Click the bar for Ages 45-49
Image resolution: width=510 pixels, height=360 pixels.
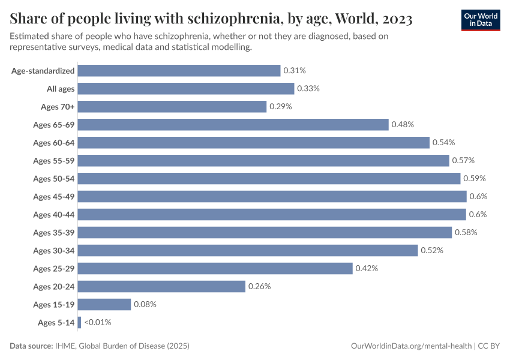point(272,196)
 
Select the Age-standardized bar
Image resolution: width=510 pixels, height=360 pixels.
point(179,70)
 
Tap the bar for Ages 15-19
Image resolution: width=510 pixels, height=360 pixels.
point(104,304)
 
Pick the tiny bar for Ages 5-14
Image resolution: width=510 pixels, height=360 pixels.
point(79,322)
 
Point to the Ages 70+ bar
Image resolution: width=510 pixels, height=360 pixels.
point(172,106)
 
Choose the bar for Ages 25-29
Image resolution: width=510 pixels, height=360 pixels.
point(215,268)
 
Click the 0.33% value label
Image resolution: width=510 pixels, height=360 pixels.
point(308,88)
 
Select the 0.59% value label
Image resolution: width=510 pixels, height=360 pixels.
point(475,178)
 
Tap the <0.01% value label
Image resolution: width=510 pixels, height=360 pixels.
point(98,322)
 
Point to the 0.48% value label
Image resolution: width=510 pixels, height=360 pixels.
point(403,124)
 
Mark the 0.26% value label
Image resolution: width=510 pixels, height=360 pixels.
point(259,286)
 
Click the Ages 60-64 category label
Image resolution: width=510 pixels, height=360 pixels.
point(54,142)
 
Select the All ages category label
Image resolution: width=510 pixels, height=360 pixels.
point(61,88)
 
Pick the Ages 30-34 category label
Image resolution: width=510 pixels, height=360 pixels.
point(54,250)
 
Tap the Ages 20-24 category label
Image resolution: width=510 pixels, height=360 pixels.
point(54,286)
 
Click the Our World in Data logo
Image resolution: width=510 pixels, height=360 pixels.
point(481,19)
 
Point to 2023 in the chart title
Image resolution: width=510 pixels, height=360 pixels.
point(395,19)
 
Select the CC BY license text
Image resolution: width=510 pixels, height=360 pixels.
point(490,346)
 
